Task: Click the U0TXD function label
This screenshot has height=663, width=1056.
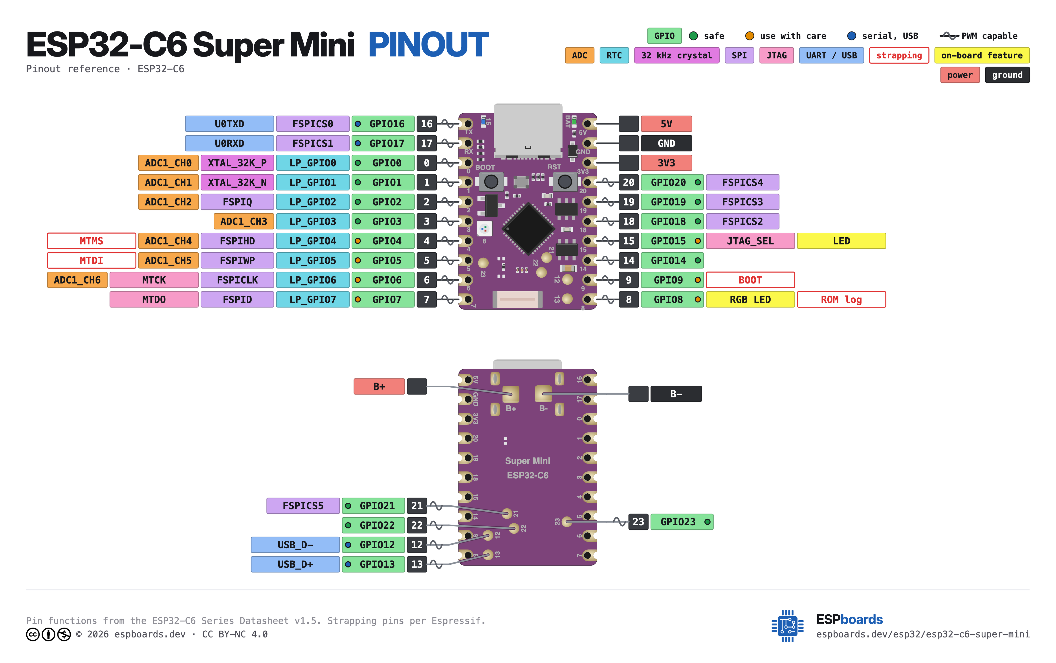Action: [229, 124]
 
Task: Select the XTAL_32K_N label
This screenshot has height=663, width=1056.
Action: [237, 182]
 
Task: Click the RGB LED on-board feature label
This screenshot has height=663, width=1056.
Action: [750, 299]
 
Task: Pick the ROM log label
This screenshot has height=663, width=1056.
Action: [841, 299]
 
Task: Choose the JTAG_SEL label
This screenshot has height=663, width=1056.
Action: [750, 241]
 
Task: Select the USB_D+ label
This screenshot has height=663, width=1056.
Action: [295, 564]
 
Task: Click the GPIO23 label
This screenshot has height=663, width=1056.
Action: [682, 522]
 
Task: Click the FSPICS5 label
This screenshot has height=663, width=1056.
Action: [303, 505]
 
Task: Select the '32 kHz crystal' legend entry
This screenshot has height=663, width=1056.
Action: [677, 55]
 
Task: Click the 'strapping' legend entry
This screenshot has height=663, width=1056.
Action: [899, 55]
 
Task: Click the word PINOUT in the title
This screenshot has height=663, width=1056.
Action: [429, 45]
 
